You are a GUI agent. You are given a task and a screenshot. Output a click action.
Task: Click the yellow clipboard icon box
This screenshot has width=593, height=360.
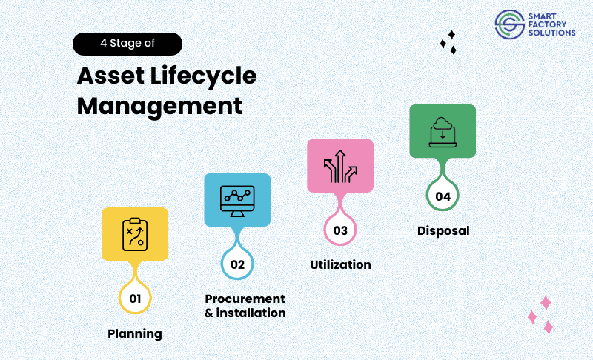pyautogui.click(x=134, y=233)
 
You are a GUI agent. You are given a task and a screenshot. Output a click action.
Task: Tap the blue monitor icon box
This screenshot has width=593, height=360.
pyautogui.click(x=237, y=199)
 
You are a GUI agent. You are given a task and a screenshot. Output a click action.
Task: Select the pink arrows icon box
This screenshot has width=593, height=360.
pyautogui.click(x=340, y=166)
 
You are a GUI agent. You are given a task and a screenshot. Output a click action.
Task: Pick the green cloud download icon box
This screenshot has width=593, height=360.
pyautogui.click(x=443, y=131)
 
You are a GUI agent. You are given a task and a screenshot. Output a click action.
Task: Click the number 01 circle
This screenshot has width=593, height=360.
pyautogui.click(x=135, y=299)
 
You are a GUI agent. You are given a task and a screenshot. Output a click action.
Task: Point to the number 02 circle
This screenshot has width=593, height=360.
pyautogui.click(x=237, y=263)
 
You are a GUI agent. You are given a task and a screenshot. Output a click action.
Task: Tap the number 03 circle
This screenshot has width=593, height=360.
pyautogui.click(x=340, y=230)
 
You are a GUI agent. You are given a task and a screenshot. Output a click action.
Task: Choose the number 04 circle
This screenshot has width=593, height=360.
pyautogui.click(x=443, y=196)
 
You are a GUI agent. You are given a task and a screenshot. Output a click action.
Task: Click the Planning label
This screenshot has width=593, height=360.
pyautogui.click(x=135, y=333)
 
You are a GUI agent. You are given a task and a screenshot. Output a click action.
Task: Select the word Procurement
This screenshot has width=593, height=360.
pyautogui.click(x=245, y=299)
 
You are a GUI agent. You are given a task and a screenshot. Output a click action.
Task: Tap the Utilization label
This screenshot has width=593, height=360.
pyautogui.click(x=340, y=264)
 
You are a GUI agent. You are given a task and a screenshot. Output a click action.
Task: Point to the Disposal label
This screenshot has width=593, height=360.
pyautogui.click(x=443, y=230)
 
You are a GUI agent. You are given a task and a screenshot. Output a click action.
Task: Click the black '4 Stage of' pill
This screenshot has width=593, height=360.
pyautogui.click(x=127, y=44)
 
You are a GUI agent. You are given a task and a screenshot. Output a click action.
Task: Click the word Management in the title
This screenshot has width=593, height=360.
pyautogui.click(x=160, y=105)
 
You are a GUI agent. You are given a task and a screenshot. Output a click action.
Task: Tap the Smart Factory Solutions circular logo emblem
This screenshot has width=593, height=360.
pyautogui.click(x=508, y=23)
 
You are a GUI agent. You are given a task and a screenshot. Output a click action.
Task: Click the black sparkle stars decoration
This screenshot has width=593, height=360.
pyautogui.click(x=448, y=42)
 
